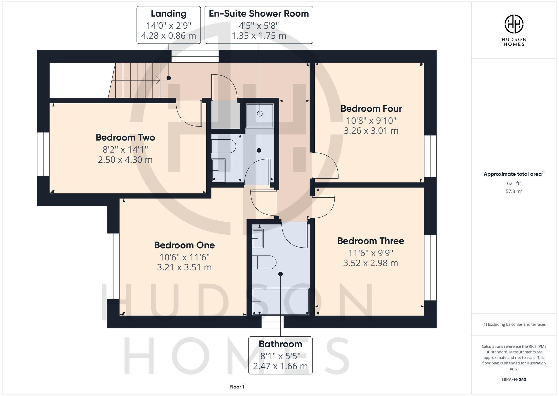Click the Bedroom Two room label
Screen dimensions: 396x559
click(125, 137)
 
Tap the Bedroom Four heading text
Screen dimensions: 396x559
click(371, 109)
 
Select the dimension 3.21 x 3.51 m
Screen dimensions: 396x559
click(184, 267)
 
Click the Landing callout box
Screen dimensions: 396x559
click(169, 25)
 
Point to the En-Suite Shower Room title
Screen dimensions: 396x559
click(259, 13)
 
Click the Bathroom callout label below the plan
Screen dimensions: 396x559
click(280, 344)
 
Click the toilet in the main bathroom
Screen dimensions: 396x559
click(264, 262)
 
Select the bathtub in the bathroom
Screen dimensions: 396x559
click(281, 302)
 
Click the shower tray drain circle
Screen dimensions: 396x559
click(260, 114)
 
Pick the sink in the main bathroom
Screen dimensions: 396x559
click(258, 238)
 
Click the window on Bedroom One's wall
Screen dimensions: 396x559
click(113, 266)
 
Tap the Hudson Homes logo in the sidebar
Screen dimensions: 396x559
click(514, 24)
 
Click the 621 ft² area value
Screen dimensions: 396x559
click(514, 183)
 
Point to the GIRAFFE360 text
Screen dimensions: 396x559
click(514, 379)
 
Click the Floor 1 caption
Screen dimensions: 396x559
click(237, 387)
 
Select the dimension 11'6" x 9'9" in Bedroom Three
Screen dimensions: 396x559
click(371, 253)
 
